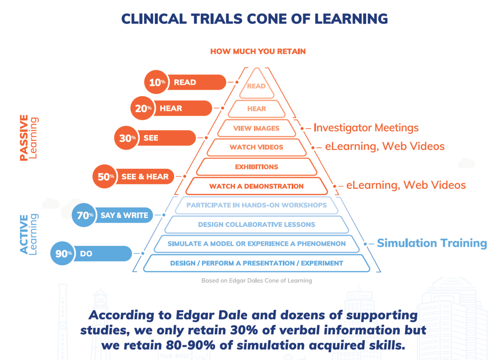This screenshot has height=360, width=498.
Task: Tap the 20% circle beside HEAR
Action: [143, 108]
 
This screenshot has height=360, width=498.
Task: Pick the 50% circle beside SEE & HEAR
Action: [105, 177]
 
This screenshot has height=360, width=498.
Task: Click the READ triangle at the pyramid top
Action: [256, 84]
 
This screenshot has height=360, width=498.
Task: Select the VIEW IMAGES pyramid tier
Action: [256, 128]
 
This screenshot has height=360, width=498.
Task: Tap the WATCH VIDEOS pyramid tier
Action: [256, 148]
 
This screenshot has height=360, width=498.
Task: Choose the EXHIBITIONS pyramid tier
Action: [256, 167]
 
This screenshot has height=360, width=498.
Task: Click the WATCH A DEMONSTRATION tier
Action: [256, 186]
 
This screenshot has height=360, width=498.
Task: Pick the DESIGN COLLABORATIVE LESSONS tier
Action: [256, 225]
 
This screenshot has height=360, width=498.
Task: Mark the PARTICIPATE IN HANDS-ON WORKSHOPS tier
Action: [256, 205]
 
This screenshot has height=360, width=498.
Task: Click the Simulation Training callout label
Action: [432, 243]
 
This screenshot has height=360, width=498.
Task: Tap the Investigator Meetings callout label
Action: [366, 128]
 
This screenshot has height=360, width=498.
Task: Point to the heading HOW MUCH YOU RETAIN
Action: [258, 52]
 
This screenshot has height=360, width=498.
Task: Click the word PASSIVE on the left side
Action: [24, 138]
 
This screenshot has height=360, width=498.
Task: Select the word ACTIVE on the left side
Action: [24, 234]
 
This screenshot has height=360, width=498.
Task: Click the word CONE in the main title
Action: [268, 19]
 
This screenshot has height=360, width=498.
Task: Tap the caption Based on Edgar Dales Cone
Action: [256, 280]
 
